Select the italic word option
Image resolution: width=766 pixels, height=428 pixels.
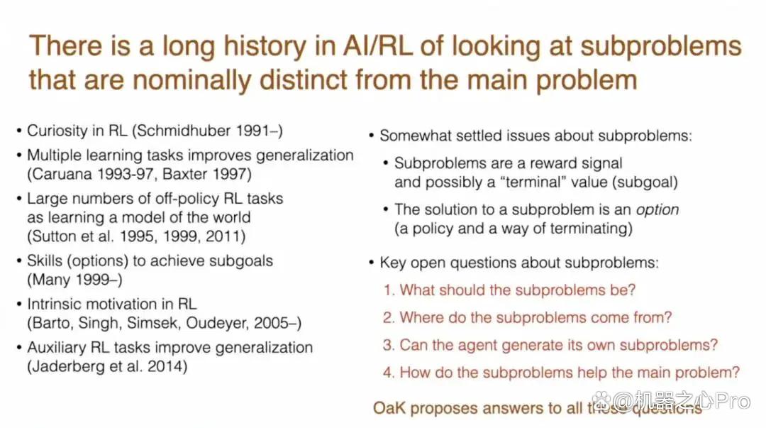[x=657, y=210]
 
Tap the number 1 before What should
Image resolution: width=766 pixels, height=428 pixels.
[x=387, y=290]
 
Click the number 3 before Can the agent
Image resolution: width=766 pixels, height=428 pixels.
[x=387, y=345]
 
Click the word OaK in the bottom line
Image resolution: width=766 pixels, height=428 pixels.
[x=389, y=408]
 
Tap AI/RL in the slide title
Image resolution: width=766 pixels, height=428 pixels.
[x=377, y=46]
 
